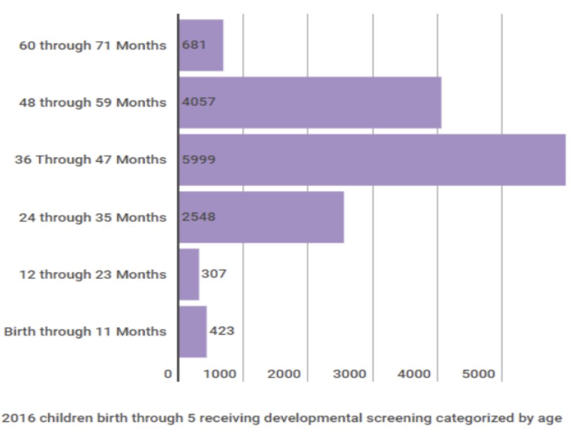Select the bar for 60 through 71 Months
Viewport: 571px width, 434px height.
tap(201, 45)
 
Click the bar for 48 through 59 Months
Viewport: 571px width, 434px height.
tap(310, 103)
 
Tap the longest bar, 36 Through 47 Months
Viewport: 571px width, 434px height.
tap(372, 159)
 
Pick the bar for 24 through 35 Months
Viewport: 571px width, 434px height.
tap(261, 217)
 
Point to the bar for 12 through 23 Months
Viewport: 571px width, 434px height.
tap(189, 274)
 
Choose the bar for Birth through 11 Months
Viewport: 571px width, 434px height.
tap(193, 331)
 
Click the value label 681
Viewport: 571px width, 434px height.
tap(194, 45)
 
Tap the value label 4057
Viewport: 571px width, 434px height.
tap(198, 103)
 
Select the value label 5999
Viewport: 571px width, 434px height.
tap(198, 159)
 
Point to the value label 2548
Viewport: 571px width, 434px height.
tap(198, 217)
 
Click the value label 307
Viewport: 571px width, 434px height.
tap(214, 274)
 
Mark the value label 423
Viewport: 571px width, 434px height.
tap(221, 331)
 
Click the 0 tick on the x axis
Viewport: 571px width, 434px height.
tap(168, 374)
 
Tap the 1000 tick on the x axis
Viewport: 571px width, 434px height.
tap(220, 374)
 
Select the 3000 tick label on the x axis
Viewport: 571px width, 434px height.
tap(349, 374)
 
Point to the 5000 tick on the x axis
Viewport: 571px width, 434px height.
tap(479, 374)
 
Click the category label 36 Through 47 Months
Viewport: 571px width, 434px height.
tap(91, 159)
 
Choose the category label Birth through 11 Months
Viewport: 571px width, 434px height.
tap(85, 331)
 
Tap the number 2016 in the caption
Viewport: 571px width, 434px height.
tap(15, 419)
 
